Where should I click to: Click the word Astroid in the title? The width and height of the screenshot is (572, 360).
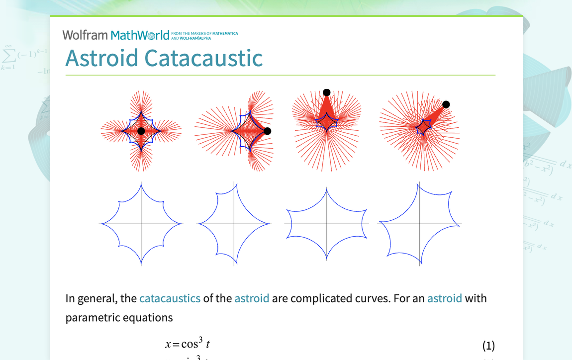click(x=101, y=58)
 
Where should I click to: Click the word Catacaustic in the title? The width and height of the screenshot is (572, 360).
click(x=203, y=58)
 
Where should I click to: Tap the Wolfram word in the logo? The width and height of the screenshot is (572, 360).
click(x=85, y=35)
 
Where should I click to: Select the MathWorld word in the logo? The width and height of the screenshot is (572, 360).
click(x=140, y=35)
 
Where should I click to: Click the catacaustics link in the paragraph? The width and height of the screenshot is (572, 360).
click(x=170, y=298)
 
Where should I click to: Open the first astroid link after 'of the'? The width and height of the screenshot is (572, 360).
click(x=252, y=298)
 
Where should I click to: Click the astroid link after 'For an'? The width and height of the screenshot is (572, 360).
click(x=444, y=298)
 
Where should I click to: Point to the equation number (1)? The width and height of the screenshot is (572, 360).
click(x=488, y=346)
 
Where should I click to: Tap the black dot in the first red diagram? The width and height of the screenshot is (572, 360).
click(x=141, y=131)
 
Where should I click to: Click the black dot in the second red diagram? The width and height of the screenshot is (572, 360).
click(x=267, y=131)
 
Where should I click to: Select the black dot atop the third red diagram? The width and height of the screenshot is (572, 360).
click(x=326, y=92)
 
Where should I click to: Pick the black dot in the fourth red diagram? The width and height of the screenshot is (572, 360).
click(x=446, y=104)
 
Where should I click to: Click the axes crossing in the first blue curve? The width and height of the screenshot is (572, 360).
click(x=141, y=224)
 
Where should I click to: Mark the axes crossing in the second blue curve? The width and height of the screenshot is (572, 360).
click(x=234, y=224)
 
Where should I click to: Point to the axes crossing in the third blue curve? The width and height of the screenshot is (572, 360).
click(x=327, y=224)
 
